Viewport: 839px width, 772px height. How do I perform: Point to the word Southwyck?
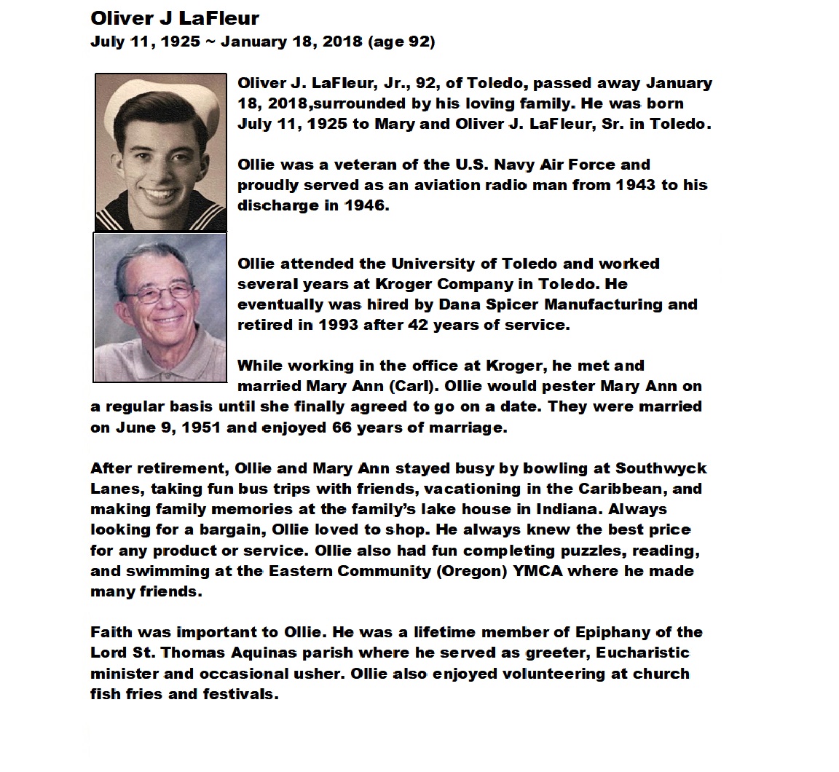(661, 468)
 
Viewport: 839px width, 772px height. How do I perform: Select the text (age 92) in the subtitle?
(402, 42)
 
